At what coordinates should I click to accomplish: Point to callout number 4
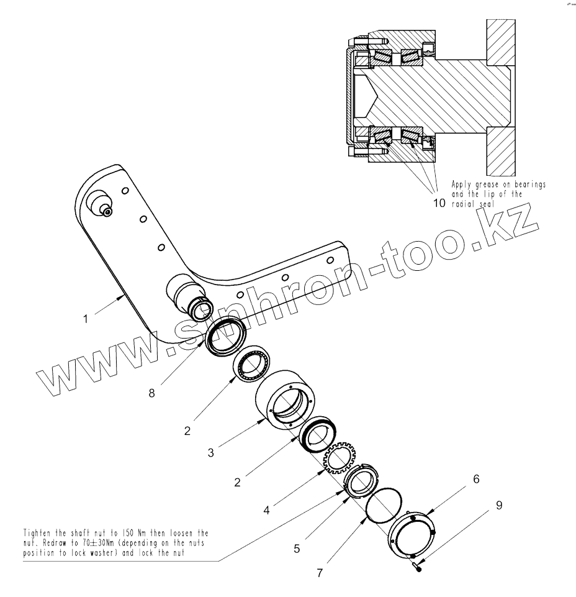point(266,511)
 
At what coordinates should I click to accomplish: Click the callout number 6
point(476,480)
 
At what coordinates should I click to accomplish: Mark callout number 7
point(318,573)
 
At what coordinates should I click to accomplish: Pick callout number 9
point(499,505)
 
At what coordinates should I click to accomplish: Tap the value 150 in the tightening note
point(122,533)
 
